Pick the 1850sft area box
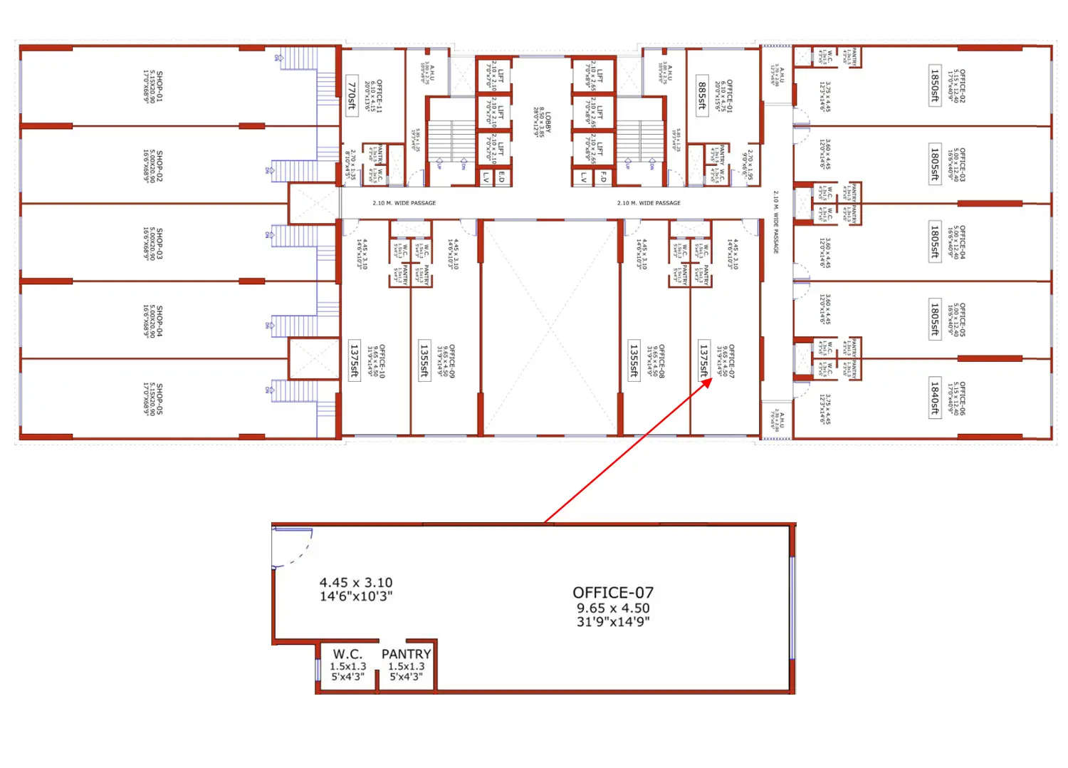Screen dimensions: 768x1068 point(935,85)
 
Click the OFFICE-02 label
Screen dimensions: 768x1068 point(962,85)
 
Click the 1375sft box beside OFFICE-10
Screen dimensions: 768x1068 point(354,360)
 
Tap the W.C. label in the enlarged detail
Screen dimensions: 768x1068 point(347,654)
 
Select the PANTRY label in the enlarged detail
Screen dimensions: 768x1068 point(406,654)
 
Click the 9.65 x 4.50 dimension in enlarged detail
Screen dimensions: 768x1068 point(613,608)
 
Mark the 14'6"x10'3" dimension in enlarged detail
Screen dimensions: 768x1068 point(356,596)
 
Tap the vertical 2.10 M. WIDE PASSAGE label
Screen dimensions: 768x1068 point(775,222)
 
